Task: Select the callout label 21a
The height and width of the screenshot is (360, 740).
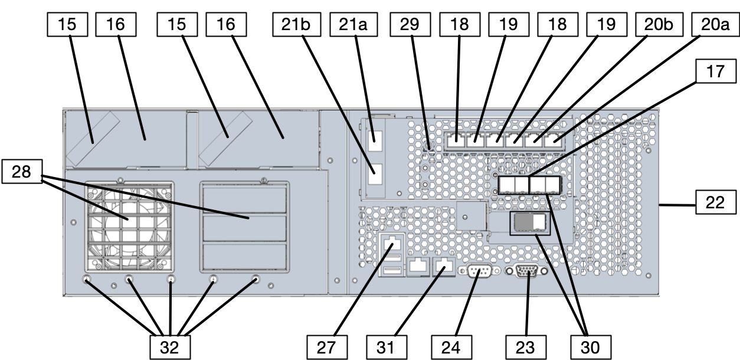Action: (x=351, y=25)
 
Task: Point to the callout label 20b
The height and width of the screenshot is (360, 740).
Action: (x=658, y=25)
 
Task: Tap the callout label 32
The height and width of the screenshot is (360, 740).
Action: (x=170, y=346)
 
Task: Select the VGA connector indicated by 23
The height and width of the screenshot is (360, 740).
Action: (x=527, y=271)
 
